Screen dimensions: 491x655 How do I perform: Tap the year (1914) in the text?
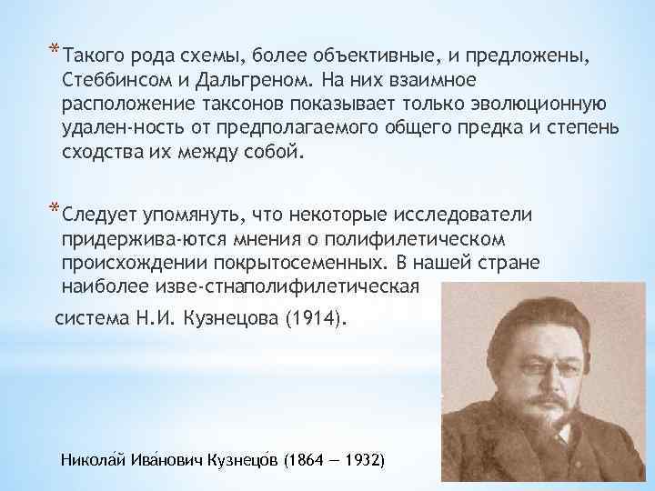pos(314,320)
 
